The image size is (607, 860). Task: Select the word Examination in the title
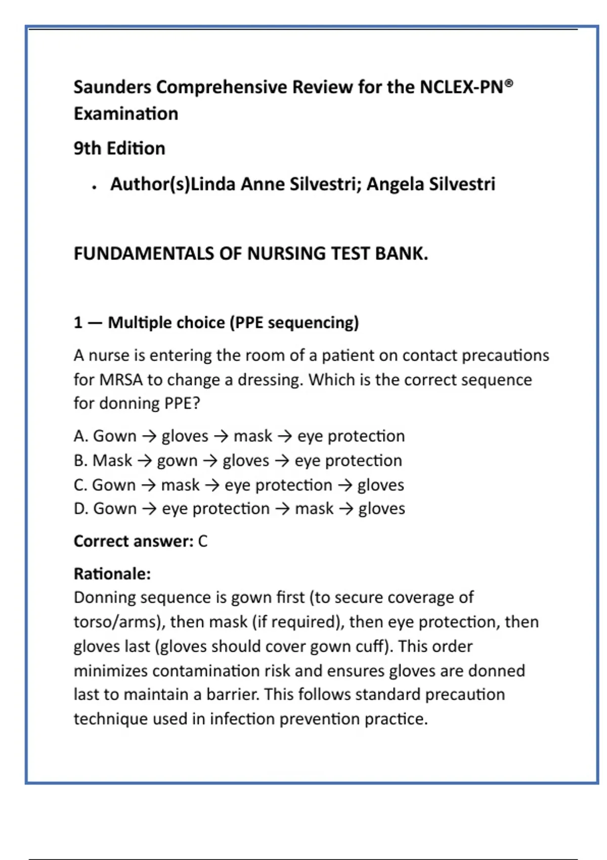point(126,114)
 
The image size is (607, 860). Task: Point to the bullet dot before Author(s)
point(94,187)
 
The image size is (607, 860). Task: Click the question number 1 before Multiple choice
point(78,323)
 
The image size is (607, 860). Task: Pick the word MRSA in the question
point(121,379)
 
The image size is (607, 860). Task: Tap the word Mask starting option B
point(112,460)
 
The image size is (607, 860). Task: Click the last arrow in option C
point(345,485)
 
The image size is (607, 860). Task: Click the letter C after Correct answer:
point(202,541)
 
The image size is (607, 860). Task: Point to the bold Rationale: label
point(112,574)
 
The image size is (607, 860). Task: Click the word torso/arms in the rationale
point(119,622)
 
